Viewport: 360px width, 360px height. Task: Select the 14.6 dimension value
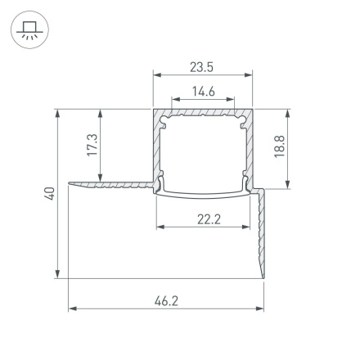click(x=203, y=91)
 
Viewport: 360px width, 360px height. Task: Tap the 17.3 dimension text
click(x=92, y=145)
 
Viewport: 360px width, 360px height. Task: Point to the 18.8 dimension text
click(x=280, y=148)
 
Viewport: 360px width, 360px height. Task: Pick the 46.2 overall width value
click(x=166, y=301)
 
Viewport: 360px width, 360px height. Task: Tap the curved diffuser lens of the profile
click(x=203, y=195)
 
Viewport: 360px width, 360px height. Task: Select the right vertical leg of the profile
click(x=263, y=233)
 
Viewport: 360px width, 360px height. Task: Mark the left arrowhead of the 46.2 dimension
click(x=71, y=309)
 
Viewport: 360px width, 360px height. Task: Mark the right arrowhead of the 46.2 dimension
click(x=262, y=309)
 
